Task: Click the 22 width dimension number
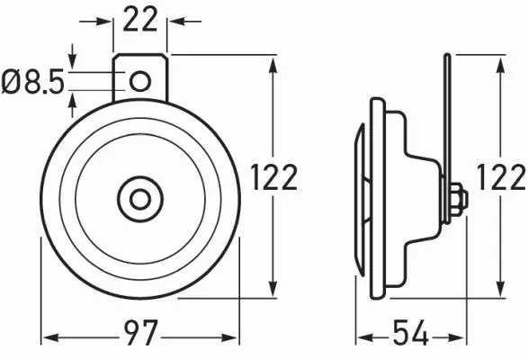[x=139, y=20]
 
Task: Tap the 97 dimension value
[x=139, y=338]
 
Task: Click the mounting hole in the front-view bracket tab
[x=139, y=81]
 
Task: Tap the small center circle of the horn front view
[x=139, y=196]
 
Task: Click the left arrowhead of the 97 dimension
[x=49, y=338]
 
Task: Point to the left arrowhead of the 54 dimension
[x=361, y=338]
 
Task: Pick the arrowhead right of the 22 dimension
[x=175, y=20]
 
